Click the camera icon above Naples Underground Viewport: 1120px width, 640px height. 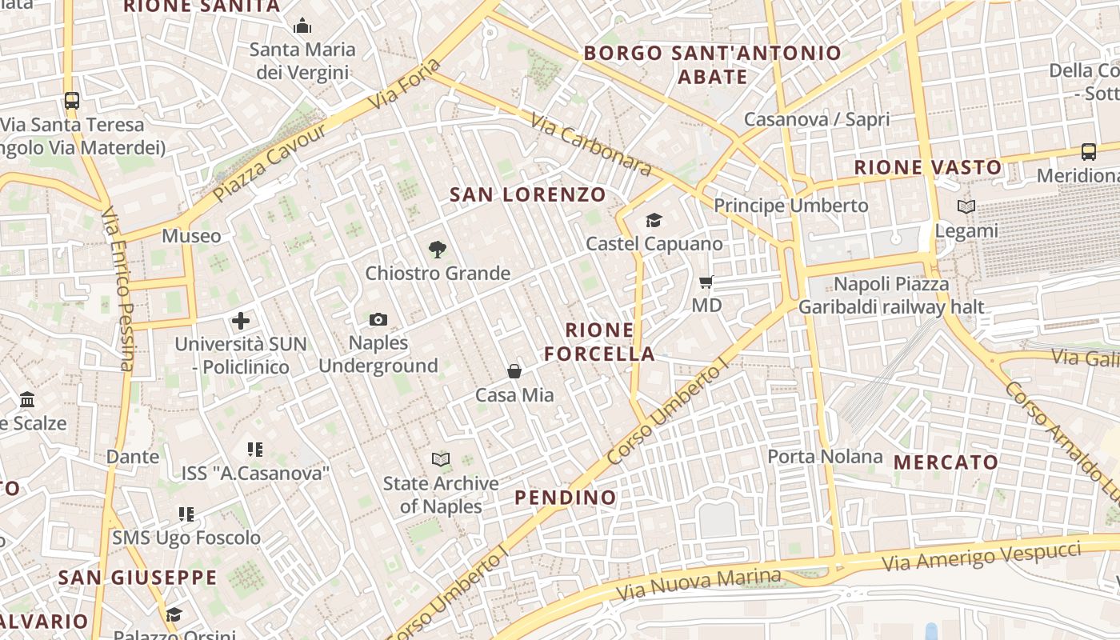click(378, 320)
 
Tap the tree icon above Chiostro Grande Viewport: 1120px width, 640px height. click(437, 250)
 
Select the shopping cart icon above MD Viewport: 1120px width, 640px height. click(706, 282)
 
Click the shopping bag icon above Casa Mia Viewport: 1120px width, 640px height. click(514, 371)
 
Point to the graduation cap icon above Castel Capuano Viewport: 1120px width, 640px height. click(654, 220)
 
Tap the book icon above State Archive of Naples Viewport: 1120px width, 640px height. click(440, 459)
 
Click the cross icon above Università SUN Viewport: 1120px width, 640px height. click(241, 321)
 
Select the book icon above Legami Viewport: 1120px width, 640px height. click(966, 207)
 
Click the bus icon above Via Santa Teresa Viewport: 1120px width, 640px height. click(72, 101)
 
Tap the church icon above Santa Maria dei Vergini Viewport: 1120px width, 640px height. click(302, 26)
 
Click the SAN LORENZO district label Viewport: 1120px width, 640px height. click(527, 194)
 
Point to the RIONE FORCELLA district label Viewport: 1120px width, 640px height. click(599, 342)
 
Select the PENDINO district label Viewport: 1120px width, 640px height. click(566, 497)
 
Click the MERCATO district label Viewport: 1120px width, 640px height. click(946, 462)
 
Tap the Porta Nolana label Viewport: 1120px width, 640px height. click(825, 457)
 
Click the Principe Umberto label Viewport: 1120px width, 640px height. click(790, 206)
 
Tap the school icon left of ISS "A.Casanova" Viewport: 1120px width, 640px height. click(254, 450)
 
